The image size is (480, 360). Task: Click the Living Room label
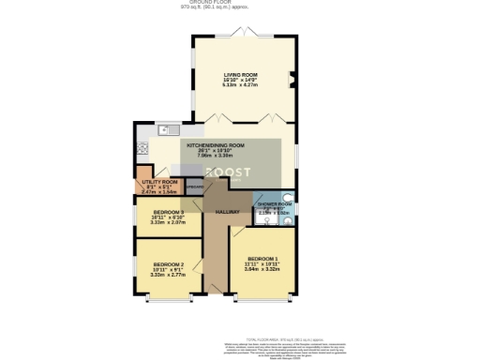pyautogui.click(x=240, y=77)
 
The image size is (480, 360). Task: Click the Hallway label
pyautogui.click(x=228, y=212)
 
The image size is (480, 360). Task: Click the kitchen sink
pyautogui.click(x=166, y=129)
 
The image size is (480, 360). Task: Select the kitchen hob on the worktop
pyautogui.click(x=142, y=147)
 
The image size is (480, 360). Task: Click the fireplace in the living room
pyautogui.click(x=293, y=79)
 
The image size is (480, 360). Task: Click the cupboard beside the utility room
pyautogui.click(x=194, y=186)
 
